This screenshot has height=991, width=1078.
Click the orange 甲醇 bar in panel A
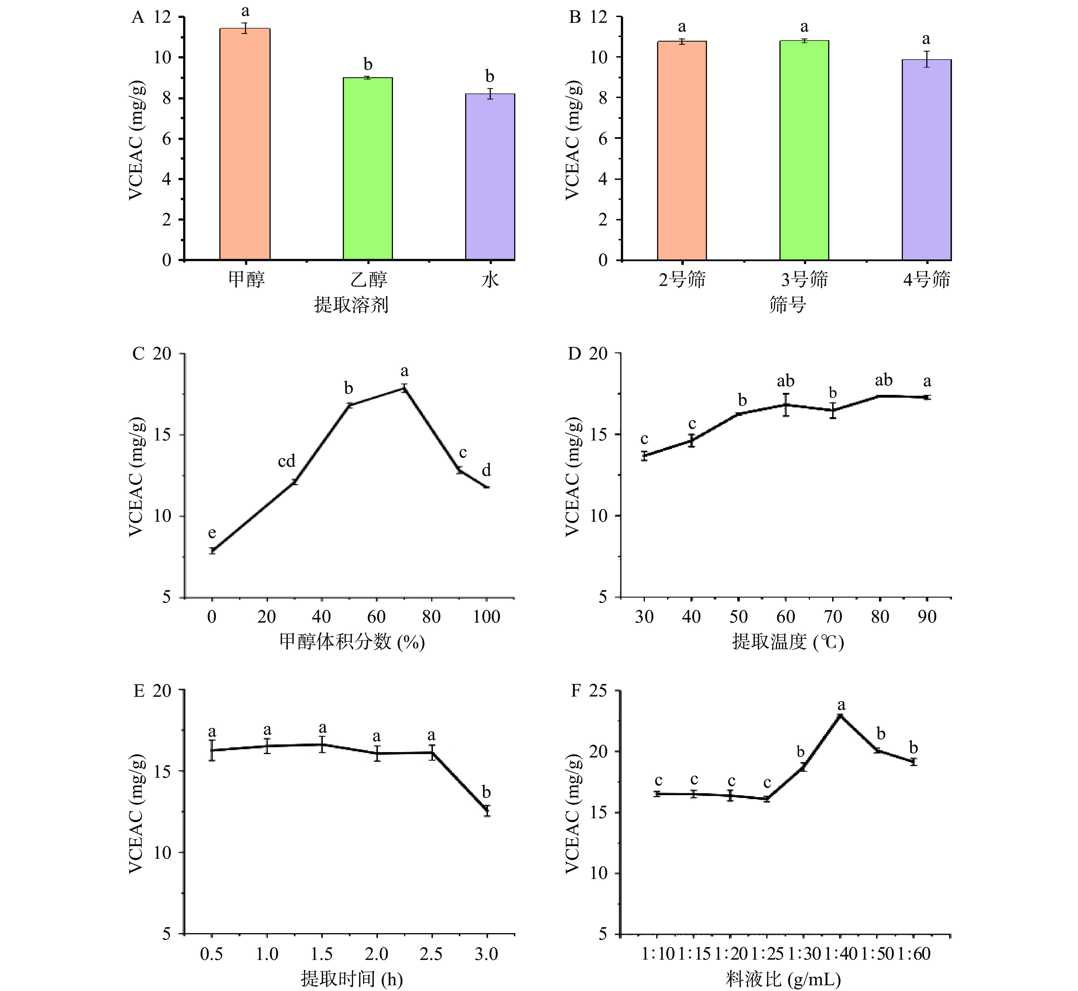point(245,145)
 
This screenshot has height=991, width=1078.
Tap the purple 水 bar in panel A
point(490,177)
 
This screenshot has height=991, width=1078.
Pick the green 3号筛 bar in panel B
point(804,150)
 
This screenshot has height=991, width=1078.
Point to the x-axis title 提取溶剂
point(351,304)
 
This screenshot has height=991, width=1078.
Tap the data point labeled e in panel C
point(212,550)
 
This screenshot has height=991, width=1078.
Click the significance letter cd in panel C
point(286,461)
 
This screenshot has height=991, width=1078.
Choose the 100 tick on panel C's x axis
point(487,617)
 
